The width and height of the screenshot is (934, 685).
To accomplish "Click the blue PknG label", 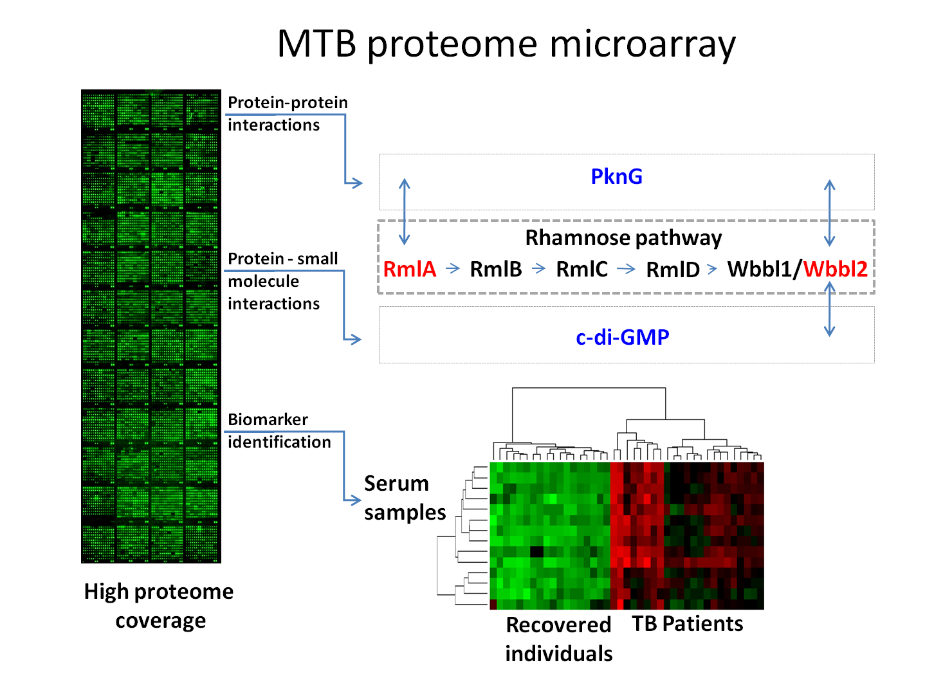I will coord(616,176).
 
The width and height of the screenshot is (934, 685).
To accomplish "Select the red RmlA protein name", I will coord(410,269).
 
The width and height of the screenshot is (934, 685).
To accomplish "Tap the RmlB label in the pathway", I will coord(496,269).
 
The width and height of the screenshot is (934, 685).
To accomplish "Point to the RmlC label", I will coord(581,269).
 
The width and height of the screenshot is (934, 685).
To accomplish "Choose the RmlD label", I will coord(673,269).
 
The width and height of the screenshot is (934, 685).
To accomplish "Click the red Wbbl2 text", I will coord(836,269).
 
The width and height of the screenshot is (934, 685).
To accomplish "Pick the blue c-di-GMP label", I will coord(622,337).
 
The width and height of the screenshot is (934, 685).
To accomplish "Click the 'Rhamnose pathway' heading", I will coord(623,238).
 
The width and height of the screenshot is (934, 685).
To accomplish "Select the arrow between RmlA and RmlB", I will coord(453,269).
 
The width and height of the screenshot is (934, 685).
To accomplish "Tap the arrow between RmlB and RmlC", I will coord(539,269).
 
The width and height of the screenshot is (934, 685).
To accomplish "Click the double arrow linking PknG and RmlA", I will coord(405,212).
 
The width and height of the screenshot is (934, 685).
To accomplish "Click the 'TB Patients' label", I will coord(687,624).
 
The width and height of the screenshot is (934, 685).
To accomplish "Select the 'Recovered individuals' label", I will coord(558,639).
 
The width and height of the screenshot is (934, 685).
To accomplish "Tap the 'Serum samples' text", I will coord(405,498).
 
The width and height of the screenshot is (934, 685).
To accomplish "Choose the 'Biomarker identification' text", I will coord(279,430).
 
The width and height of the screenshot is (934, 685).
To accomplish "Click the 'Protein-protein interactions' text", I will coord(287,113).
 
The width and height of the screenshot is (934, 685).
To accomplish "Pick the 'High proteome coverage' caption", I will coord(159,605).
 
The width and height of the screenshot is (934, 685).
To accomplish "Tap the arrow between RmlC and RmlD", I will coord(626,269).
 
